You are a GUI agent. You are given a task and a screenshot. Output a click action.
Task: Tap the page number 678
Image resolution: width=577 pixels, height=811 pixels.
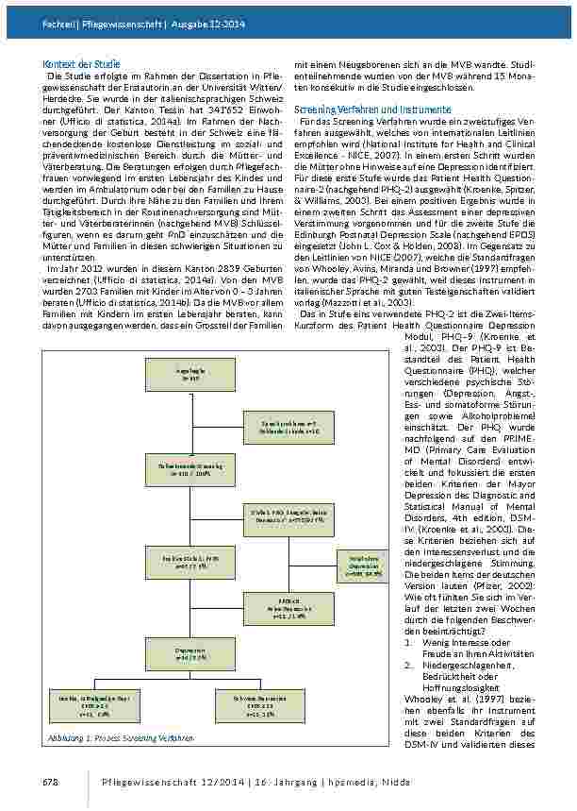pos(51,783)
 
